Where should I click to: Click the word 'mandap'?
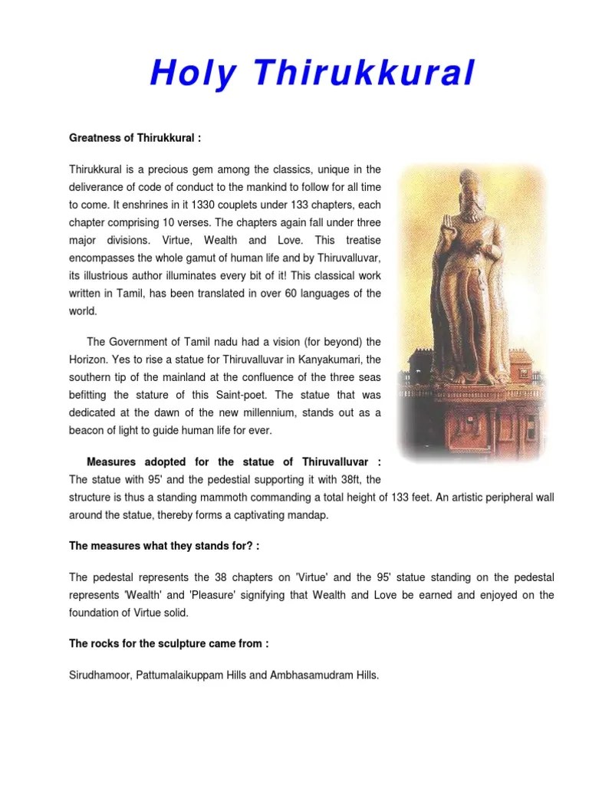[x=305, y=515]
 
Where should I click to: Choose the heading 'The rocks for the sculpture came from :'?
[x=169, y=644]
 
